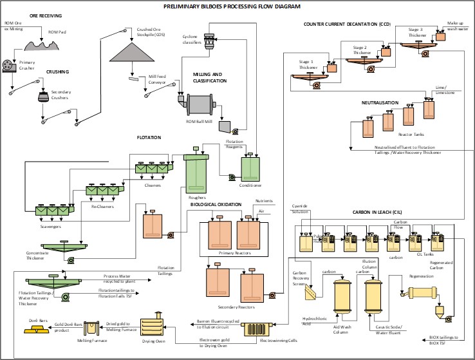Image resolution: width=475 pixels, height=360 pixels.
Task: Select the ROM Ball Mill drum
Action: click(204, 104)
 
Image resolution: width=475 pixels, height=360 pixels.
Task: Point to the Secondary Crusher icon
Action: click(43, 97)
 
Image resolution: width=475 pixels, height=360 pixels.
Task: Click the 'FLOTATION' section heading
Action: click(149, 137)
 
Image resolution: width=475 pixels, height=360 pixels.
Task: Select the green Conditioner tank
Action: click(250, 168)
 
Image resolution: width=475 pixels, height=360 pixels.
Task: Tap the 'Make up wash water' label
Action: click(459, 26)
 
